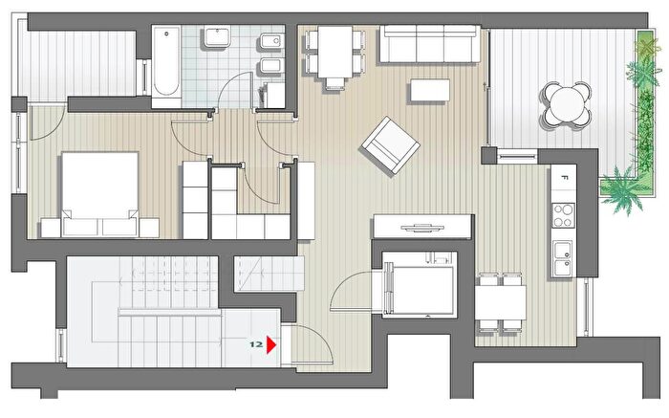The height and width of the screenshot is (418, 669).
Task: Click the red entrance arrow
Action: click(x=271, y=344)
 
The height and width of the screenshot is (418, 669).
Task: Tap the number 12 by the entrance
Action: click(x=256, y=344)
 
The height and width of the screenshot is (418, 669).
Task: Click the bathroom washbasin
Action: click(x=218, y=36)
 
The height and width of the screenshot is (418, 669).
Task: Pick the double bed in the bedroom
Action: click(x=99, y=194)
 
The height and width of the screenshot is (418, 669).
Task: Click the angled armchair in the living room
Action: click(x=390, y=145)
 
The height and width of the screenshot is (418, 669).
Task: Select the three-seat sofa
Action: click(x=430, y=44)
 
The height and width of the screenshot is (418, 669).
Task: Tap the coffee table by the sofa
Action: click(x=430, y=90)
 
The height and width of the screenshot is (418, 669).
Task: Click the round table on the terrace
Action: click(x=567, y=105)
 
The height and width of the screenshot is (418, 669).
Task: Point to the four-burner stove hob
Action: click(x=563, y=216)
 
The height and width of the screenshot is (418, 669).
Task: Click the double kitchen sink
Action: click(x=563, y=258)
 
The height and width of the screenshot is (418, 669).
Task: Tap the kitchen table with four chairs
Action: click(x=500, y=302)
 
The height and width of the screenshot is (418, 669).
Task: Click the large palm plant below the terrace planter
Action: click(x=624, y=191)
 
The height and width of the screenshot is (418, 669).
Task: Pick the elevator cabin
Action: click(x=420, y=284)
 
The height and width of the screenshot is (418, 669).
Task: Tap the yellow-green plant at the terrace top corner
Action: click(x=647, y=44)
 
